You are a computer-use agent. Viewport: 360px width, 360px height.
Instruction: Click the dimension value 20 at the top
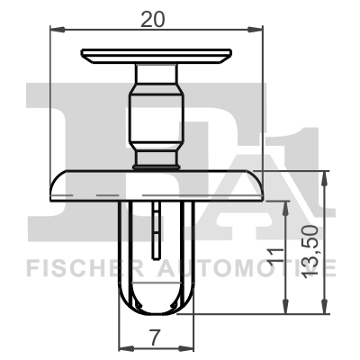[157, 15]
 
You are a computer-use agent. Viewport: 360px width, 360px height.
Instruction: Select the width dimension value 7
[155, 337]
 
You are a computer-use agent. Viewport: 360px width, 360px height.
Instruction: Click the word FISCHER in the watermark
[76, 268]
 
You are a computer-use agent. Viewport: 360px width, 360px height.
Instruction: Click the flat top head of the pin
[157, 55]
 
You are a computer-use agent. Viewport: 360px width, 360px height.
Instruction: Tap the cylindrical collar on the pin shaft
[157, 116]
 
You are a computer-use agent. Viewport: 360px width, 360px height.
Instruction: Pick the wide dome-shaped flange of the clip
[157, 185]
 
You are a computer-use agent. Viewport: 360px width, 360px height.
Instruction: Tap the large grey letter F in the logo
[63, 126]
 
